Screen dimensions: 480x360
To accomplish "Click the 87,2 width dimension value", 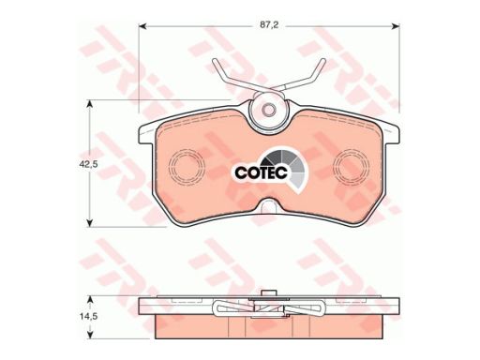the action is [x=269, y=25].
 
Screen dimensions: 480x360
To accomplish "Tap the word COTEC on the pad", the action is [x=261, y=172].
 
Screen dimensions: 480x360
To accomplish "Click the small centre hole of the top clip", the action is [x=268, y=110].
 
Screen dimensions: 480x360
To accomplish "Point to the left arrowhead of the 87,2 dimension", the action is [x=142, y=26].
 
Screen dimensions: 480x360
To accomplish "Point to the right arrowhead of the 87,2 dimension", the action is [x=396, y=26].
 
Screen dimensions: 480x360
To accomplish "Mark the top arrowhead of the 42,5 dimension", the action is [x=90, y=104].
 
